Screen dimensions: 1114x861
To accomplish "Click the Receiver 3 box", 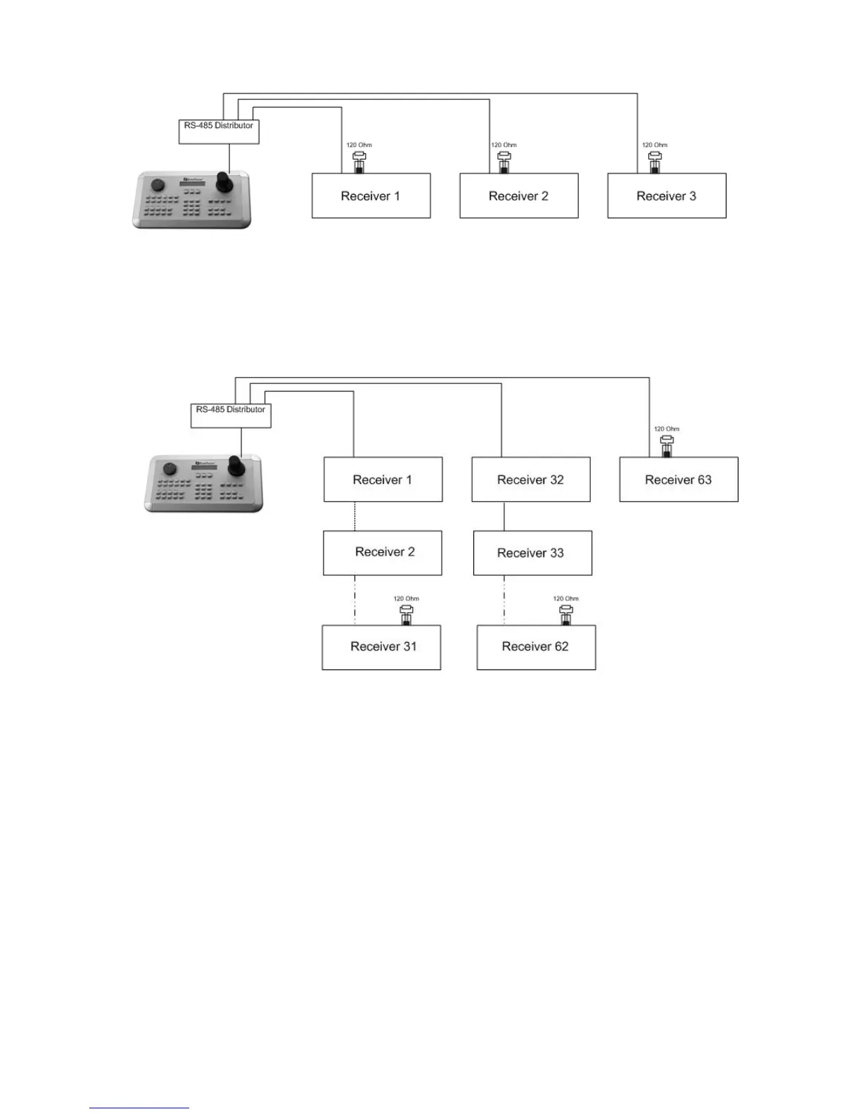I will pyautogui.click(x=666, y=196).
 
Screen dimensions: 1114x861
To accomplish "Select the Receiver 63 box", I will pyautogui.click(x=678, y=480).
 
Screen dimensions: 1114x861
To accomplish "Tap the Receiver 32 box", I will pyautogui.click(x=530, y=480).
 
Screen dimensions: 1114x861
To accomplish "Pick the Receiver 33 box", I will pyautogui.click(x=532, y=553).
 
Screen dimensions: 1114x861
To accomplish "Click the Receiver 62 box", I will pyautogui.click(x=536, y=647).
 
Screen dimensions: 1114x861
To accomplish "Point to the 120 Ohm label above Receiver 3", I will pyautogui.click(x=654, y=145).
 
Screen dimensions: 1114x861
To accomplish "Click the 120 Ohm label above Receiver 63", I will pyautogui.click(x=666, y=428).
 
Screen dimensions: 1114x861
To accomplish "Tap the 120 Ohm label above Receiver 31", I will pyautogui.click(x=406, y=598).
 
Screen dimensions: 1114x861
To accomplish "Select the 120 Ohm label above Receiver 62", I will pyautogui.click(x=566, y=598).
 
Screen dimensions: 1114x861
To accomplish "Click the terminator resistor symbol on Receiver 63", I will pyautogui.click(x=667, y=445).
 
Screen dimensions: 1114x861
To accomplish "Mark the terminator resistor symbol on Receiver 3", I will pyautogui.click(x=655, y=162).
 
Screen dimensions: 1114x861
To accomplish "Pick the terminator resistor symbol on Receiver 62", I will pyautogui.click(x=566, y=615).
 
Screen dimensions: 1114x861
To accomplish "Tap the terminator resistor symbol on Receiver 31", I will pyautogui.click(x=406, y=615).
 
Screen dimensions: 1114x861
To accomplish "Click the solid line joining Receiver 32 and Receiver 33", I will pyautogui.click(x=504, y=516).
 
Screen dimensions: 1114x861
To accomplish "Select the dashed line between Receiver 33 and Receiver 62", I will pyautogui.click(x=504, y=600).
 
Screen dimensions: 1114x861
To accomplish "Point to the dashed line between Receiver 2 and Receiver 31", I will pyautogui.click(x=355, y=600).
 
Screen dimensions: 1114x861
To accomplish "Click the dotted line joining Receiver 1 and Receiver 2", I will pyautogui.click(x=355, y=516).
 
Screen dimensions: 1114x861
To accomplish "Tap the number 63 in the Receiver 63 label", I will pyautogui.click(x=703, y=480).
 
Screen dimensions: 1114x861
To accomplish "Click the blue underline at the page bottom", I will pyautogui.click(x=139, y=1108).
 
